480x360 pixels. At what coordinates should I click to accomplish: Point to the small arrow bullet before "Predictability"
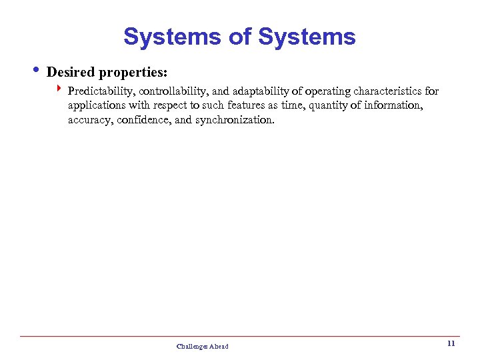[x=59, y=89]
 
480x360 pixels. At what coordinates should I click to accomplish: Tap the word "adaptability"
[x=254, y=91]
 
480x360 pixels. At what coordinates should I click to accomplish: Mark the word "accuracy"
[x=89, y=121]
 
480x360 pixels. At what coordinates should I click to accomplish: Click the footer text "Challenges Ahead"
[x=202, y=346]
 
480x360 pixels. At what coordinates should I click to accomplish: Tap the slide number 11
[x=451, y=344]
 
